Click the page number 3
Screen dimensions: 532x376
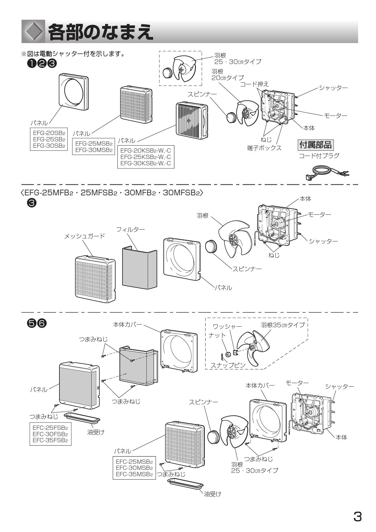[358, 516]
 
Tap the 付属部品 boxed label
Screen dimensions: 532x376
[315, 145]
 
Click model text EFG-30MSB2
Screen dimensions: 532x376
[94, 150]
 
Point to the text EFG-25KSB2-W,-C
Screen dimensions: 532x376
[146, 157]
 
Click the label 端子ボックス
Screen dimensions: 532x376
[264, 148]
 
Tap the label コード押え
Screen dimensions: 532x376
[254, 84]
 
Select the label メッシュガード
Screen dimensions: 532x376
[85, 236]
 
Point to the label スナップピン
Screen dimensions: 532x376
[228, 365]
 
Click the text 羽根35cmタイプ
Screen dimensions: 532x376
[283, 325]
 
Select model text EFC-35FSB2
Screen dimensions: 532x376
[50, 440]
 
